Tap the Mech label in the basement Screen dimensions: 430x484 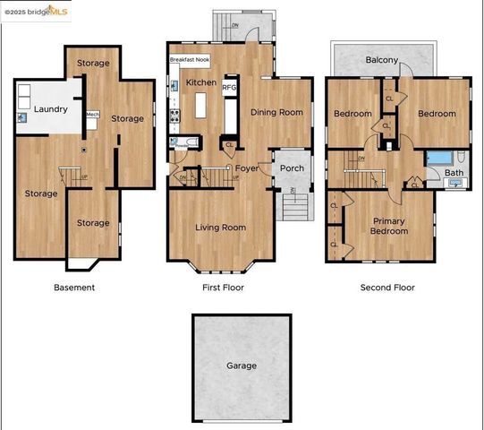(92, 115)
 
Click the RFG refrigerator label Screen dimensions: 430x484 (229, 87)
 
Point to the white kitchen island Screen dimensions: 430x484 (201, 107)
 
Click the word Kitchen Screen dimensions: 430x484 (200, 82)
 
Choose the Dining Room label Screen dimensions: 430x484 (276, 113)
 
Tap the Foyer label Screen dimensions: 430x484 (246, 168)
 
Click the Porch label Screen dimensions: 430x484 (292, 168)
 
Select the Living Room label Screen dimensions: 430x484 (221, 228)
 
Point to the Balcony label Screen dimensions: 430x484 (382, 60)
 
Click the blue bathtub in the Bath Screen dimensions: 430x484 (439, 158)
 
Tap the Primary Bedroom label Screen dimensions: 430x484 (389, 226)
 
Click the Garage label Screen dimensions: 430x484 (242, 365)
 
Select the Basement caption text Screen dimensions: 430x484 (74, 288)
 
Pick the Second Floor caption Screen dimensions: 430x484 (387, 288)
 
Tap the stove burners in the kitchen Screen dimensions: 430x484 (175, 115)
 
